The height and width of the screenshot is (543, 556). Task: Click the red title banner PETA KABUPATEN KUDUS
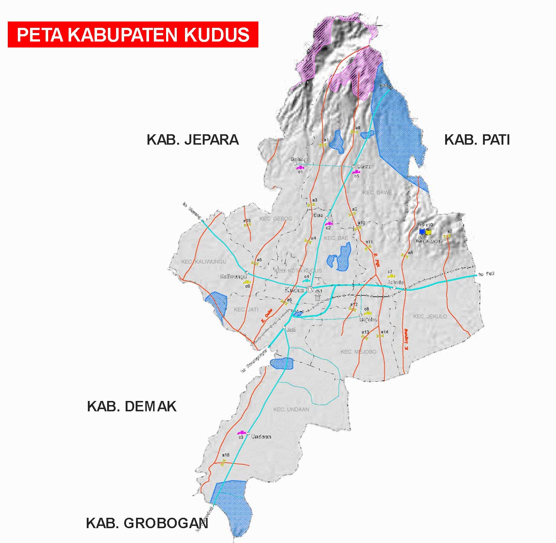133,34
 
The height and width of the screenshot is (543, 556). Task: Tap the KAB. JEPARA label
192,140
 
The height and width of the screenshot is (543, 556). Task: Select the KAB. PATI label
477,140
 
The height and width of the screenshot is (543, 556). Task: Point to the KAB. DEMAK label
132,407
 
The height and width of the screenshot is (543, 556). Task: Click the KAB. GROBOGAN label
147,523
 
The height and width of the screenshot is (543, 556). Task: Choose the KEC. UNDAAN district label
291,409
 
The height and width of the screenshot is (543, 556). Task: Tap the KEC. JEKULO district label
430,316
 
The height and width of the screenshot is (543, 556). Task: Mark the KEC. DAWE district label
377,192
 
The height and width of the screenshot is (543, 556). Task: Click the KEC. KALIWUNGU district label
203,261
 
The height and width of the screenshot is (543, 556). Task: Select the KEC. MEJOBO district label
358,352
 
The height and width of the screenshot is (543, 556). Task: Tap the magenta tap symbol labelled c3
241,433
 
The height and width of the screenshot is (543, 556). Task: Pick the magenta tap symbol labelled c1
300,168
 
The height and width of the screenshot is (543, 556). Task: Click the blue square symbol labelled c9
422,231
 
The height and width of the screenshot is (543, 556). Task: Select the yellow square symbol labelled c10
428,231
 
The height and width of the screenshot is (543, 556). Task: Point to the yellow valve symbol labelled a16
223,462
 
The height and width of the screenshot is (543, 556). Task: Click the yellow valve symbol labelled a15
248,225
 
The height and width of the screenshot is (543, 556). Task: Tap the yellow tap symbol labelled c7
391,276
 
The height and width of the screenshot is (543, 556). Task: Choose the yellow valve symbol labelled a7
448,236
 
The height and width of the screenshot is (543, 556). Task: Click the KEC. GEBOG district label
276,218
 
